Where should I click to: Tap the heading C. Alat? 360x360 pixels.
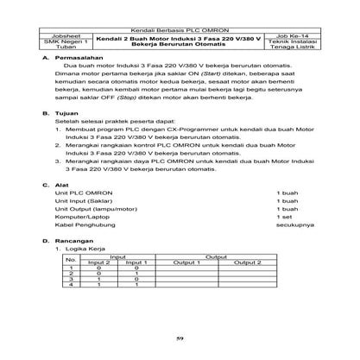coord(58,186)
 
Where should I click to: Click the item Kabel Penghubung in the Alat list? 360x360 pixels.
coord(85,225)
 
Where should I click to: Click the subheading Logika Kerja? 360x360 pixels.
coord(85,248)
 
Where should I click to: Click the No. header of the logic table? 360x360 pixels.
coord(73,259)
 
